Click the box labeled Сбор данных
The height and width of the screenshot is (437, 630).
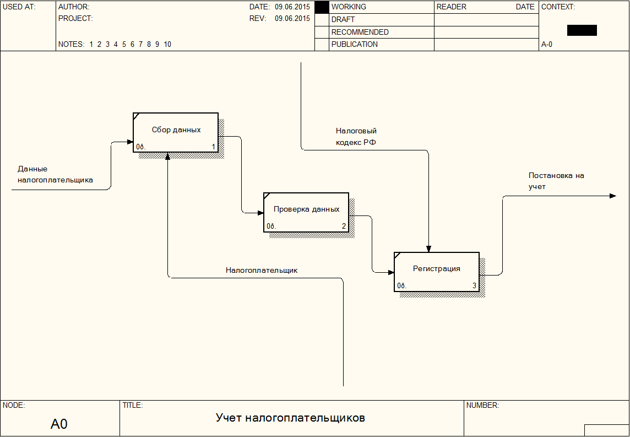point(176,132)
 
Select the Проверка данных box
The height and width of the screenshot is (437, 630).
point(306,212)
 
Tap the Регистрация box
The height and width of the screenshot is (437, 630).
point(436,271)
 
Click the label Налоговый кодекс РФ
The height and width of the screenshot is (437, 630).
point(356,137)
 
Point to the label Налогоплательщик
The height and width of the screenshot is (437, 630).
point(262,271)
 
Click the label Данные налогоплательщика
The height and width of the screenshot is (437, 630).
point(55,174)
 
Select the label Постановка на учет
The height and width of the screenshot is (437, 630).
point(556,181)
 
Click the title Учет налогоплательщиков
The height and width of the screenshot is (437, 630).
point(290,418)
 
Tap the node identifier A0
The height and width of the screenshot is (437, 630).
point(59,424)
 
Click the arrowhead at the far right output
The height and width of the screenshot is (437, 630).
point(613,196)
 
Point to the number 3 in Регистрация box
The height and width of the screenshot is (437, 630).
point(474,285)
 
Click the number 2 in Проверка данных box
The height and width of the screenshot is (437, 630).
point(344,226)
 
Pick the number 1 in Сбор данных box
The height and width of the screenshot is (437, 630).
point(214,147)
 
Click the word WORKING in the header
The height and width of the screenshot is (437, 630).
point(349,7)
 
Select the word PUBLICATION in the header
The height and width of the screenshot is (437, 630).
point(355,45)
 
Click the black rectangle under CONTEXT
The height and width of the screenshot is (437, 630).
point(582,30)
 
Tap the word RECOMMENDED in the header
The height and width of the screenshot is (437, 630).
point(360,32)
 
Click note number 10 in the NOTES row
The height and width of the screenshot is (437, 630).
point(167,45)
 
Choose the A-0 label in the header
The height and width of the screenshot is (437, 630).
point(547,45)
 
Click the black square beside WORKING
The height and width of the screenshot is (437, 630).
point(322,7)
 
